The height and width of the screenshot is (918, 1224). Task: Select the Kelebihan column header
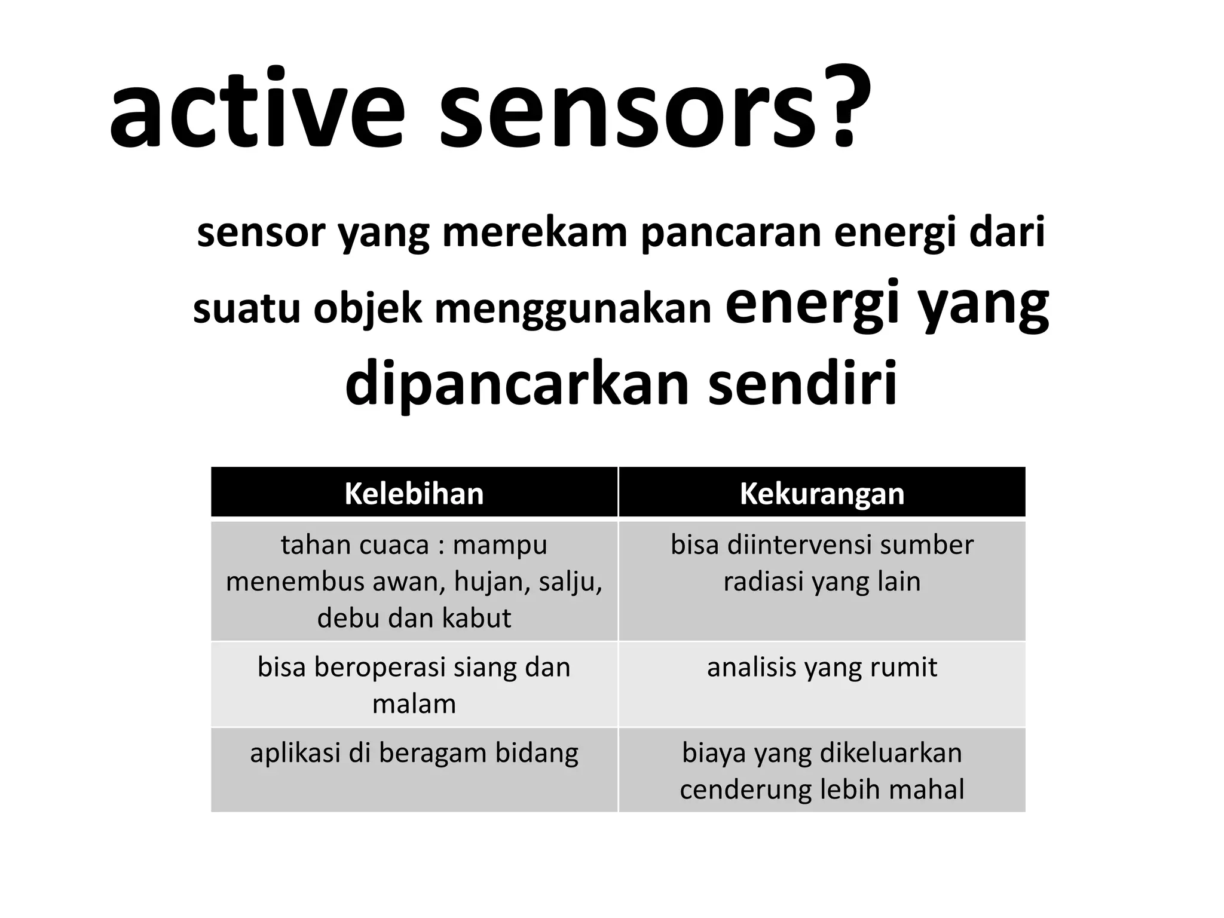pos(414,494)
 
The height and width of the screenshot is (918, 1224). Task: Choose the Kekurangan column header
pos(822,494)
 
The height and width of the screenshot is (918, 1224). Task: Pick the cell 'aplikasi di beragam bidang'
pos(414,753)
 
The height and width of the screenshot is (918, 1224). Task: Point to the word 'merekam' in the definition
pos(534,233)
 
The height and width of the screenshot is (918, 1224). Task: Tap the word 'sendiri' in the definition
pos(803,382)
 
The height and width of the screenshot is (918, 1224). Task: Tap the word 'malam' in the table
pos(414,704)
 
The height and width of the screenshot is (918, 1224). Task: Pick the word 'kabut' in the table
pos(481,618)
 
